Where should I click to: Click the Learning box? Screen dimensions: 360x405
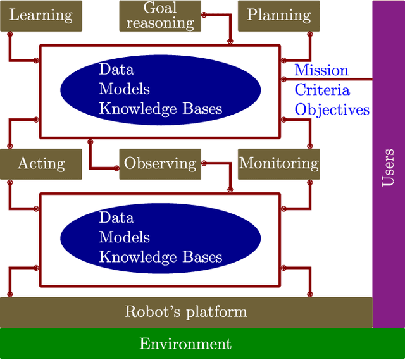pyautogui.click(x=41, y=16)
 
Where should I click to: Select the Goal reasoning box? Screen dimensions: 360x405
pyautogui.click(x=160, y=16)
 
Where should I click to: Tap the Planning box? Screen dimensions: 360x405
pyautogui.click(x=278, y=16)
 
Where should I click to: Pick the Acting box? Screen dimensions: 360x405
pyautogui.click(x=41, y=164)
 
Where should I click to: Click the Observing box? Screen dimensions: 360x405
pyautogui.click(x=160, y=164)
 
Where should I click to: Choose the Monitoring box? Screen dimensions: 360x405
pyautogui.click(x=278, y=164)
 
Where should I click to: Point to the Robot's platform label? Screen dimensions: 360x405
pyautogui.click(x=186, y=312)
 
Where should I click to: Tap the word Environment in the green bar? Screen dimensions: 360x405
pyautogui.click(x=185, y=344)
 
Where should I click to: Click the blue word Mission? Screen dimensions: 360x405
pyautogui.click(x=321, y=70)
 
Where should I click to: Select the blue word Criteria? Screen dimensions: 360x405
pyautogui.click(x=321, y=89)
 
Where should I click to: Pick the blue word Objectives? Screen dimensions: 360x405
pyautogui.click(x=332, y=109)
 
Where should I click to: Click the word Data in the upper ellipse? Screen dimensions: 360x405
pyautogui.click(x=116, y=70)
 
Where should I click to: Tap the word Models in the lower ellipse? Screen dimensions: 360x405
pyautogui.click(x=124, y=237)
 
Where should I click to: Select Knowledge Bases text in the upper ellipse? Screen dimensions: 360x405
pyautogui.click(x=161, y=109)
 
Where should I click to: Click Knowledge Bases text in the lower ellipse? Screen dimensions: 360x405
pyautogui.click(x=161, y=257)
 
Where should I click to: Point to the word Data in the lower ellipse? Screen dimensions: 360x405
pyautogui.click(x=116, y=218)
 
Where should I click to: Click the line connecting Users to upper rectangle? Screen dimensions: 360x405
pyautogui.click(x=329, y=79)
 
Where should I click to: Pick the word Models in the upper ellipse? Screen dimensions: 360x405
pyautogui.click(x=124, y=89)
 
